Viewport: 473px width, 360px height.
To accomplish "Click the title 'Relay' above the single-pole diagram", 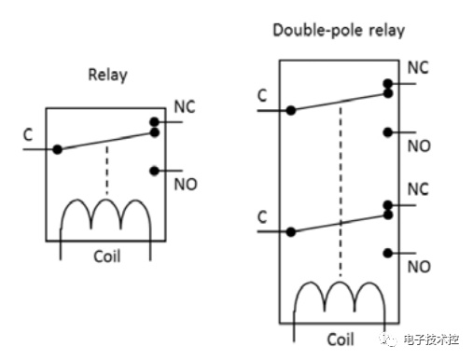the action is click(x=107, y=75).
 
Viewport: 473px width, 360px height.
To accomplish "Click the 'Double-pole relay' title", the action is click(x=339, y=31).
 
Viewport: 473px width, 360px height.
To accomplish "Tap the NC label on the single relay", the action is click(x=185, y=107).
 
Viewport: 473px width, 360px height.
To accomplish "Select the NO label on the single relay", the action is click(x=186, y=185).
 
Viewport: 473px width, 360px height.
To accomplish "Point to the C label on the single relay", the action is click(x=28, y=135).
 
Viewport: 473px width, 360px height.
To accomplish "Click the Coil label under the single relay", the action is click(x=107, y=256).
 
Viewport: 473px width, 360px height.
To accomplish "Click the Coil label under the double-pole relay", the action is click(x=341, y=339).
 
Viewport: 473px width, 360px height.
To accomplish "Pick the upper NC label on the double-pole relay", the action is click(x=418, y=67).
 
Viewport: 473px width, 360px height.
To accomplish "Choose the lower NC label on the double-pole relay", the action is click(x=418, y=189).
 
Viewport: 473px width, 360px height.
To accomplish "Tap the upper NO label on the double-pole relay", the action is click(x=419, y=145).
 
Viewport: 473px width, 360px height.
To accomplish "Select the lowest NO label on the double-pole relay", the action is click(x=419, y=267).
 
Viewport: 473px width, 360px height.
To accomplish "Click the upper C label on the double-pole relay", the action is click(x=262, y=95).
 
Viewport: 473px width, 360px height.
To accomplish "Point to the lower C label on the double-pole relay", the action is click(x=262, y=216).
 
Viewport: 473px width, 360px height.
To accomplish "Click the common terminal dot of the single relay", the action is click(x=57, y=149).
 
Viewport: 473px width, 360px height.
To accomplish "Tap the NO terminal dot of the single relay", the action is click(x=154, y=171).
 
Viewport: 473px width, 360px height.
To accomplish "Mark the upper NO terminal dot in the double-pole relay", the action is click(x=387, y=132).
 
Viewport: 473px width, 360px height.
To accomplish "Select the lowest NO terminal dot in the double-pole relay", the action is click(x=387, y=254).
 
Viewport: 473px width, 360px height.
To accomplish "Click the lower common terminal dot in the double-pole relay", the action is click(x=291, y=232).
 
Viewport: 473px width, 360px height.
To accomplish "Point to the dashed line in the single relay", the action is click(x=107, y=170).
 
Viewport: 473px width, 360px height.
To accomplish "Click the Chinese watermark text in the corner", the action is click(x=431, y=339).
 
